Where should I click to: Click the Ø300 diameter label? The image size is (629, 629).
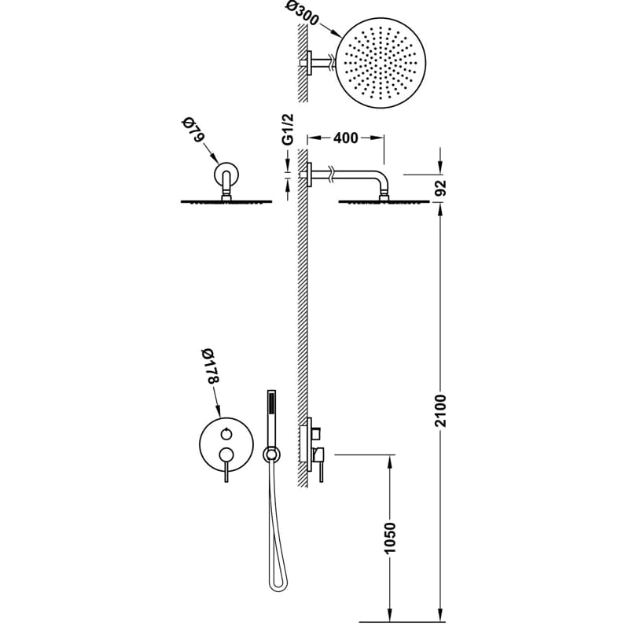(303, 13)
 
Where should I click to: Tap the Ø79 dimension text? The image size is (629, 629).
(193, 129)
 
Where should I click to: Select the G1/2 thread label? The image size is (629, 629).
(288, 129)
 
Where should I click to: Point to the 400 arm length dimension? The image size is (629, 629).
(345, 138)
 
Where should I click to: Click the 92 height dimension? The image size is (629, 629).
(440, 188)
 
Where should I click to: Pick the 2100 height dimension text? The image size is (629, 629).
(440, 410)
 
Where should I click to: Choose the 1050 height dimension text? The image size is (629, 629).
(389, 538)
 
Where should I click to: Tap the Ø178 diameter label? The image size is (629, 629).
(211, 366)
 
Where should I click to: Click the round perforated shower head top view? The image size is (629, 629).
(381, 63)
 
